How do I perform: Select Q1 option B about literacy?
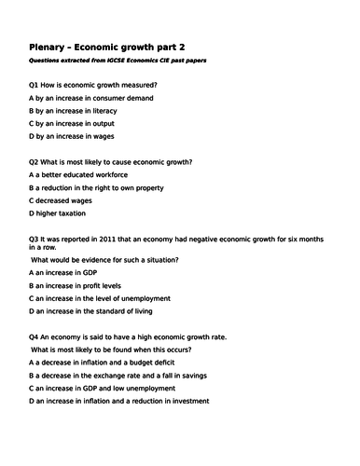pyautogui.click(x=85, y=110)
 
